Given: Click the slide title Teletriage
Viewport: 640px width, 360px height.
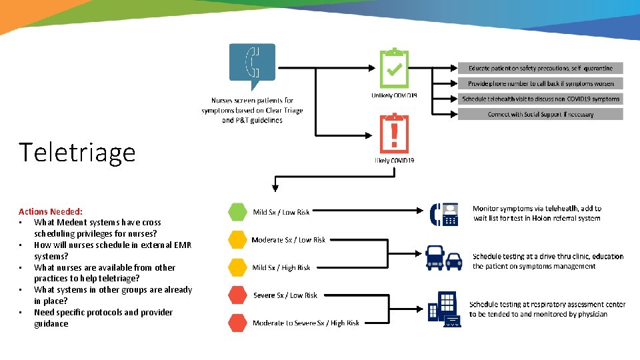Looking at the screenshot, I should point(77,153).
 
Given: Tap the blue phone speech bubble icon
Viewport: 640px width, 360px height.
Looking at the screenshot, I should point(252,64).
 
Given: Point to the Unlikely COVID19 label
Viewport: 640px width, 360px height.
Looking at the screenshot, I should point(394,96).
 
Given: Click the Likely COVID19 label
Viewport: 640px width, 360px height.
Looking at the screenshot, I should point(394,161).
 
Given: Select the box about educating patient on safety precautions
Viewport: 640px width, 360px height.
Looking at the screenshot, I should point(540,68).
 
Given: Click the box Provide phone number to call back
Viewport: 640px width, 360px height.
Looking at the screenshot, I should point(540,83).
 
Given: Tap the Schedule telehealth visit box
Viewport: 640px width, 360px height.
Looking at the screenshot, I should point(540,99).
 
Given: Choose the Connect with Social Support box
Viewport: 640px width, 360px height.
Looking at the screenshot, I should point(540,114).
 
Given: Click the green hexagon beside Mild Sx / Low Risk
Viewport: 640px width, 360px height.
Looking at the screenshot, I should point(237,212).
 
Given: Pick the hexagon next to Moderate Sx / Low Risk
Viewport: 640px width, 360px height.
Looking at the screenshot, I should point(237,239).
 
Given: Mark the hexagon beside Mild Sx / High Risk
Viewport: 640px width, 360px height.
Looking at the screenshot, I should point(237,267).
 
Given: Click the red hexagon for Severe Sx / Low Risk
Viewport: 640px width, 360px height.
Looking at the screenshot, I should point(237,295).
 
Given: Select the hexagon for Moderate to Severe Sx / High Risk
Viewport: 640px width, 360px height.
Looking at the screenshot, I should point(237,323).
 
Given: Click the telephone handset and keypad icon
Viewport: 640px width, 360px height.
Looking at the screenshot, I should point(444,214).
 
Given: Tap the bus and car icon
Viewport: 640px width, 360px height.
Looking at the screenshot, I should point(444,257).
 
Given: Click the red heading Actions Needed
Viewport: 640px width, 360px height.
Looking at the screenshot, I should point(51,211).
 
